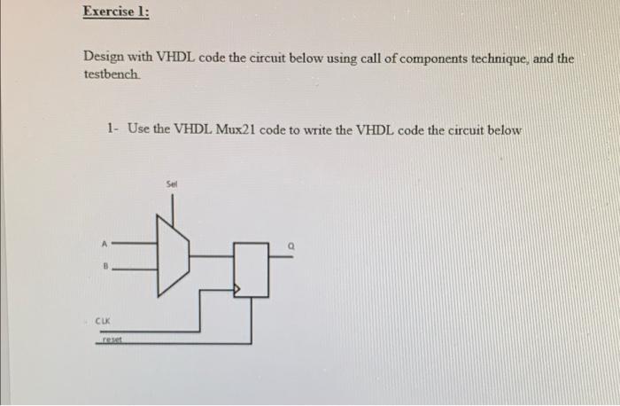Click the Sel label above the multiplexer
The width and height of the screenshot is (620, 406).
pyautogui.click(x=172, y=184)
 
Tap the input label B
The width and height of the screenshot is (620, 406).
pyautogui.click(x=104, y=264)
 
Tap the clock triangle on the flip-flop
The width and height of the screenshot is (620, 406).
pyautogui.click(x=236, y=289)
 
